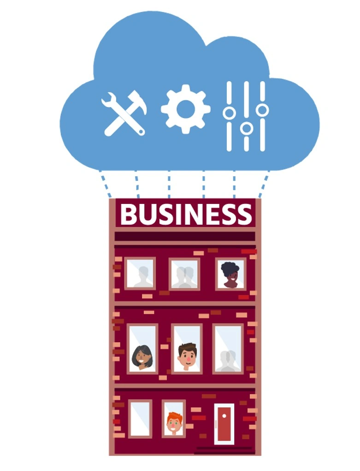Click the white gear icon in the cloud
click(x=186, y=109)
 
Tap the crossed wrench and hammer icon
click(x=124, y=113)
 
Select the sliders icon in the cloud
click(x=246, y=116)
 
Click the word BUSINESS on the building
click(x=186, y=214)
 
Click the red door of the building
click(x=224, y=424)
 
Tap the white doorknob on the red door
click(x=224, y=416)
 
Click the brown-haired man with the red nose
click(x=187, y=357)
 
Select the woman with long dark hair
click(x=142, y=357)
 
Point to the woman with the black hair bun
click(x=230, y=274)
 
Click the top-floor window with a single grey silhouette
click(x=140, y=274)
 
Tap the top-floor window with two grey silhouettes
click(x=184, y=274)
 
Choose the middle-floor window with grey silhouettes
click(x=228, y=349)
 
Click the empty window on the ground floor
click(x=140, y=418)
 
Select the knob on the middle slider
click(x=246, y=128)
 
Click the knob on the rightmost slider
click(x=263, y=110)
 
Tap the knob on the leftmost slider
click(x=229, y=113)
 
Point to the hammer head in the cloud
click(x=138, y=102)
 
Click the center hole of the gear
click(x=186, y=109)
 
